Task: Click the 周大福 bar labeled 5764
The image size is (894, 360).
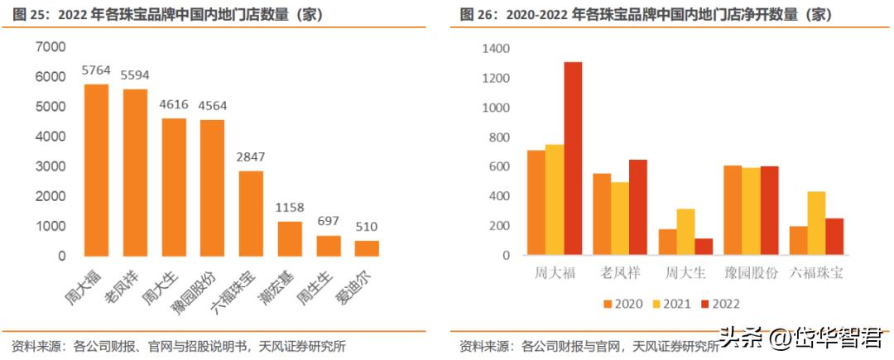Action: [96, 170]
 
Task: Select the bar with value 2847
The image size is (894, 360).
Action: [251, 213]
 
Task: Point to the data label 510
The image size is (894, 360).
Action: [368, 227]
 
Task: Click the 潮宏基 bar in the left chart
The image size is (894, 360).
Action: [290, 238]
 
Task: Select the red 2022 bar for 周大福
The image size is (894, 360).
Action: [573, 158]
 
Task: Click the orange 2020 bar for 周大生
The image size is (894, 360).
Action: [667, 242]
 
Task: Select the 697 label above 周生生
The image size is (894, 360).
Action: [329, 221]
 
